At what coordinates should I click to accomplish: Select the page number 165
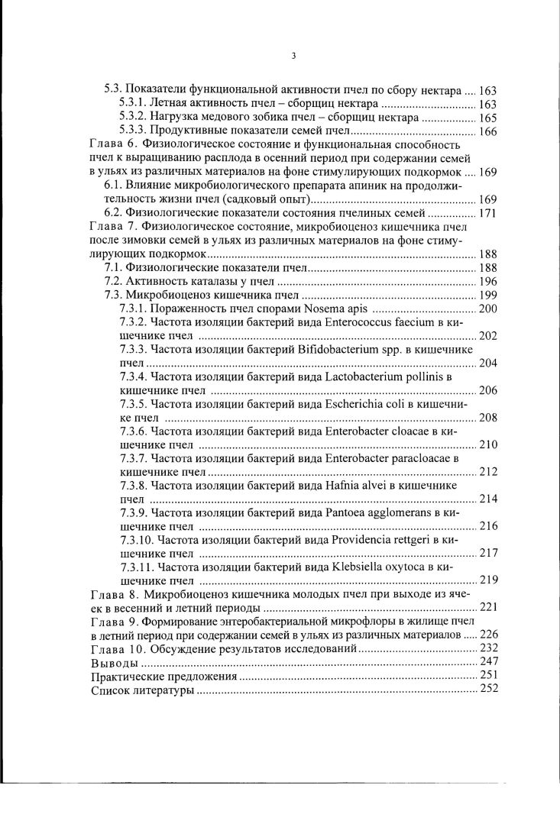[x=488, y=118]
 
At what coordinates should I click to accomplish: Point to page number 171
[x=488, y=212]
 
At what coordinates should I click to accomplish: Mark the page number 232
[x=488, y=648]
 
